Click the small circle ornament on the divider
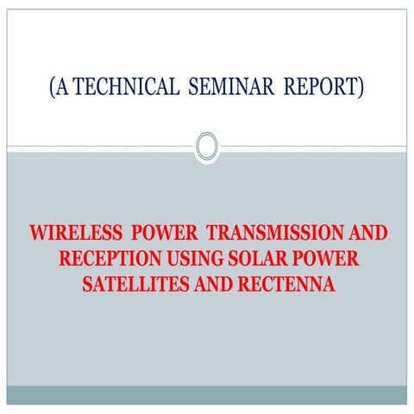pos(207,146)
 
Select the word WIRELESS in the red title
pos(72,235)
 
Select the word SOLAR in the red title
pos(256,259)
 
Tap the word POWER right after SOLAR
pos(324,259)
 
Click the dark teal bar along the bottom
pos(207,394)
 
